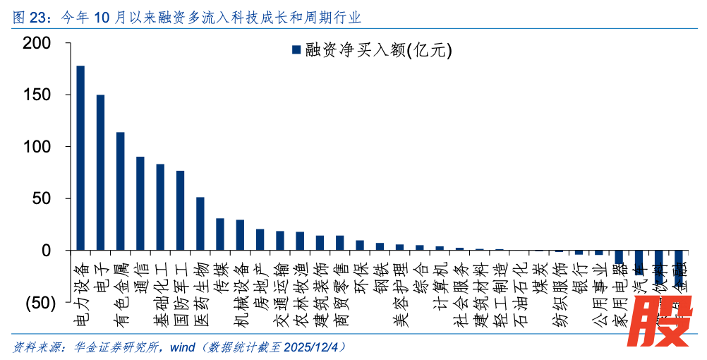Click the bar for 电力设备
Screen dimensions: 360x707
point(80,158)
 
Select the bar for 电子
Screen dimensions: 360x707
point(100,173)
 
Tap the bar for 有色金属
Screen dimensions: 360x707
point(121,191)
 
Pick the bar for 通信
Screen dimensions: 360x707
point(140,203)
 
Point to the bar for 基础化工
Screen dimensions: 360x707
point(160,208)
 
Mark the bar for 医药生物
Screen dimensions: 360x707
point(200,224)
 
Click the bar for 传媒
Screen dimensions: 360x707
point(220,234)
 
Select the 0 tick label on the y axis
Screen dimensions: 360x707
point(47,251)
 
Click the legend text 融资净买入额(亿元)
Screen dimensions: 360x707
point(378,50)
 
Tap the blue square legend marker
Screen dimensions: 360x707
point(296,50)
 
